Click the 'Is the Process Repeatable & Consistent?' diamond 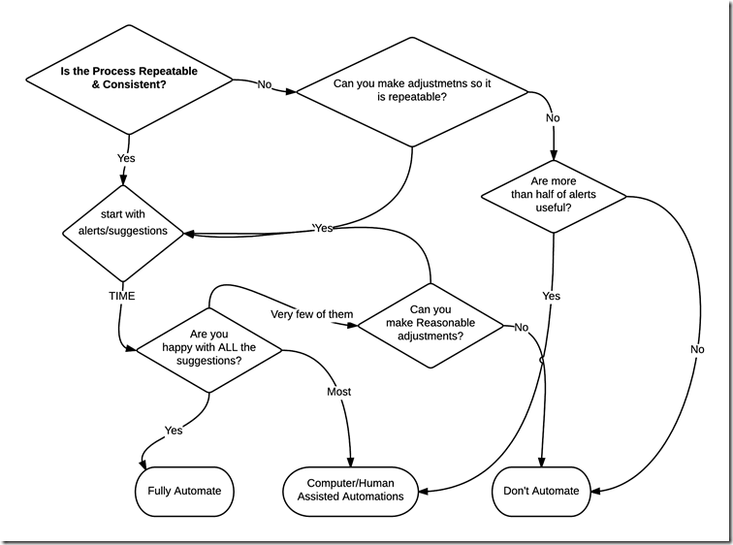pos(129,79)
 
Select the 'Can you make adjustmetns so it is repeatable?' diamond pos(412,90)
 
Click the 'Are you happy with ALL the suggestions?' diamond pos(208,346)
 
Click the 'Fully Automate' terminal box pos(184,491)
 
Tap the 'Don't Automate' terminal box pos(542,491)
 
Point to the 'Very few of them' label pos(311,313)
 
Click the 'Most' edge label pos(338,392)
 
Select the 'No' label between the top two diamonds pos(265,84)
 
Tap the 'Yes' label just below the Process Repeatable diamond pos(126,158)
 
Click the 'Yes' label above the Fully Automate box pos(174,430)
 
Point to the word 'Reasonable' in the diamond pos(437,323)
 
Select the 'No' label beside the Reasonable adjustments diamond pos(521,328)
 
